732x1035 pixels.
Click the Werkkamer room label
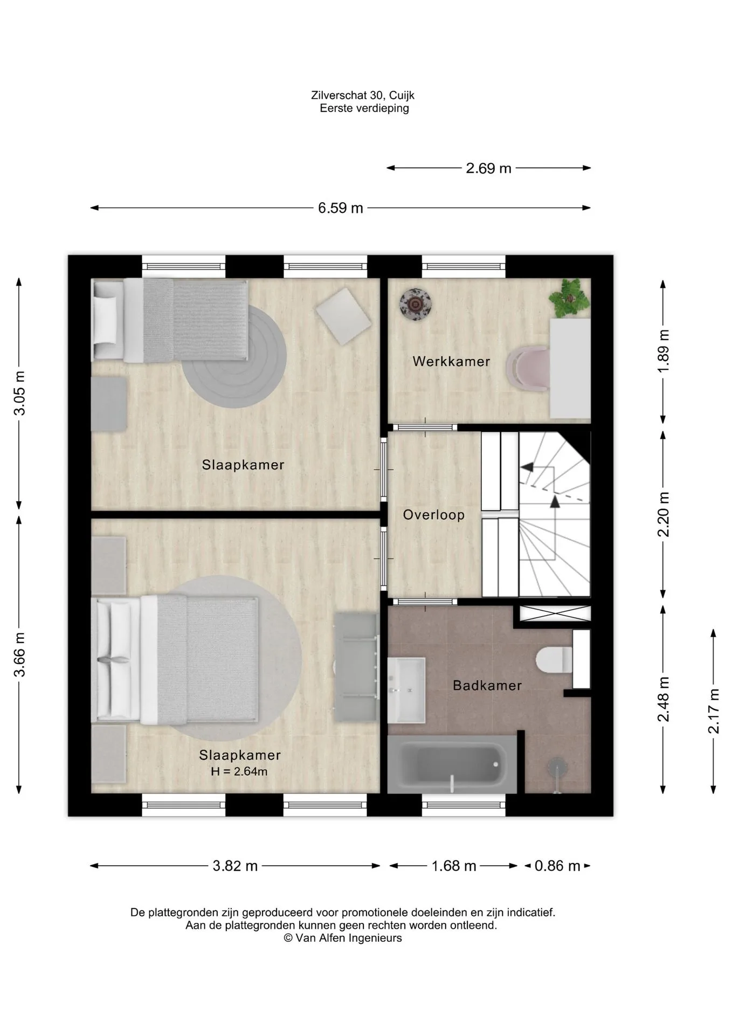pyautogui.click(x=451, y=361)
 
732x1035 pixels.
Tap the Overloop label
pyautogui.click(x=434, y=515)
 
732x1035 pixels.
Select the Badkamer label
pyautogui.click(x=487, y=686)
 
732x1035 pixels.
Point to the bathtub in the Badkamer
pyautogui.click(x=452, y=764)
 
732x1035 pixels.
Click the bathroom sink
pyautogui.click(x=406, y=691)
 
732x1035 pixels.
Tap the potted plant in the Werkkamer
pyautogui.click(x=568, y=297)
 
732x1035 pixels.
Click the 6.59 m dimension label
pyautogui.click(x=341, y=208)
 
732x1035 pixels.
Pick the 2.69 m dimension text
pyautogui.click(x=488, y=168)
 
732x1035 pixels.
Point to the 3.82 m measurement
pyautogui.click(x=235, y=866)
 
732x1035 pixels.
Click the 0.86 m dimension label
pyautogui.click(x=557, y=866)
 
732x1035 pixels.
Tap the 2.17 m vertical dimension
pyautogui.click(x=714, y=711)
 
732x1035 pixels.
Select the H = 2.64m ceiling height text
pyautogui.click(x=239, y=771)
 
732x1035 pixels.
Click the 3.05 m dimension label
pyautogui.click(x=19, y=394)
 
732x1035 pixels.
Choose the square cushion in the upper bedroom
pyautogui.click(x=343, y=316)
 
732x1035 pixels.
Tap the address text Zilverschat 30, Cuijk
pyautogui.click(x=363, y=95)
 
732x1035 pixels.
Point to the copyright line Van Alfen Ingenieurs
pyautogui.click(x=343, y=938)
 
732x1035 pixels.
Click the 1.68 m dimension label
pyautogui.click(x=454, y=866)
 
